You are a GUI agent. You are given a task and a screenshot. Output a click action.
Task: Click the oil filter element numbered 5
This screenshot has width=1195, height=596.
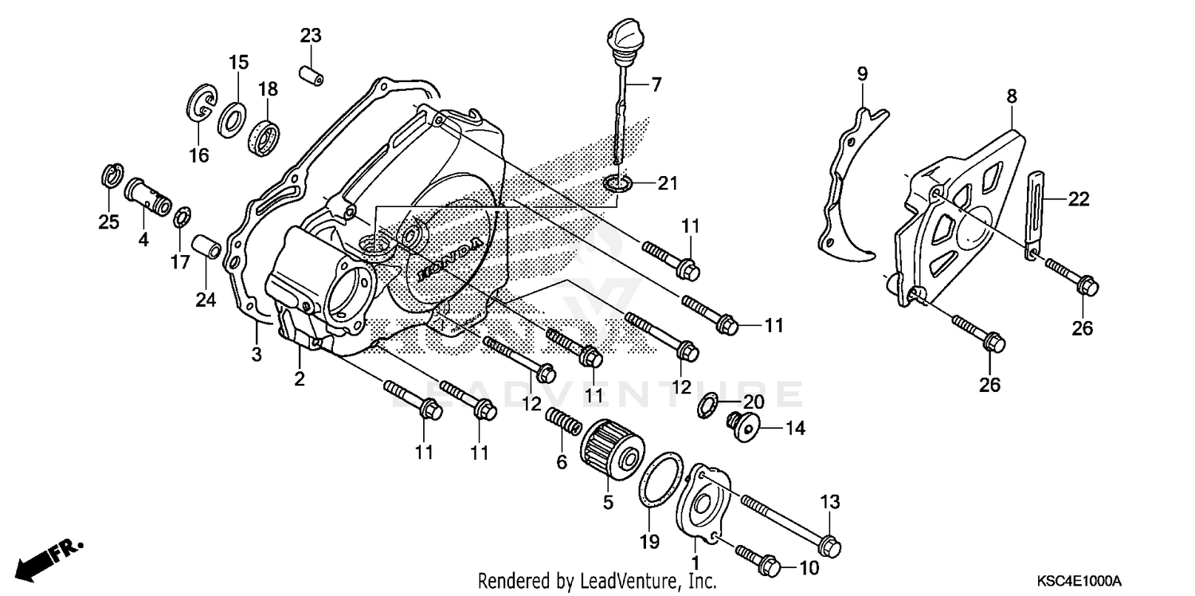(x=607, y=457)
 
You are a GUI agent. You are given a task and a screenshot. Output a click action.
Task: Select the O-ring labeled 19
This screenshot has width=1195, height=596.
(x=661, y=480)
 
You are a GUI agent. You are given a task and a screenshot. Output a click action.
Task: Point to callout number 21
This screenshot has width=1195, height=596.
(x=666, y=183)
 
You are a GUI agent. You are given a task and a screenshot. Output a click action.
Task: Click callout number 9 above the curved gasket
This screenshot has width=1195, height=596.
(x=861, y=74)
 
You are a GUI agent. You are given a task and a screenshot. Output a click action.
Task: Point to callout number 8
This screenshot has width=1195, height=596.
(x=1011, y=96)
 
